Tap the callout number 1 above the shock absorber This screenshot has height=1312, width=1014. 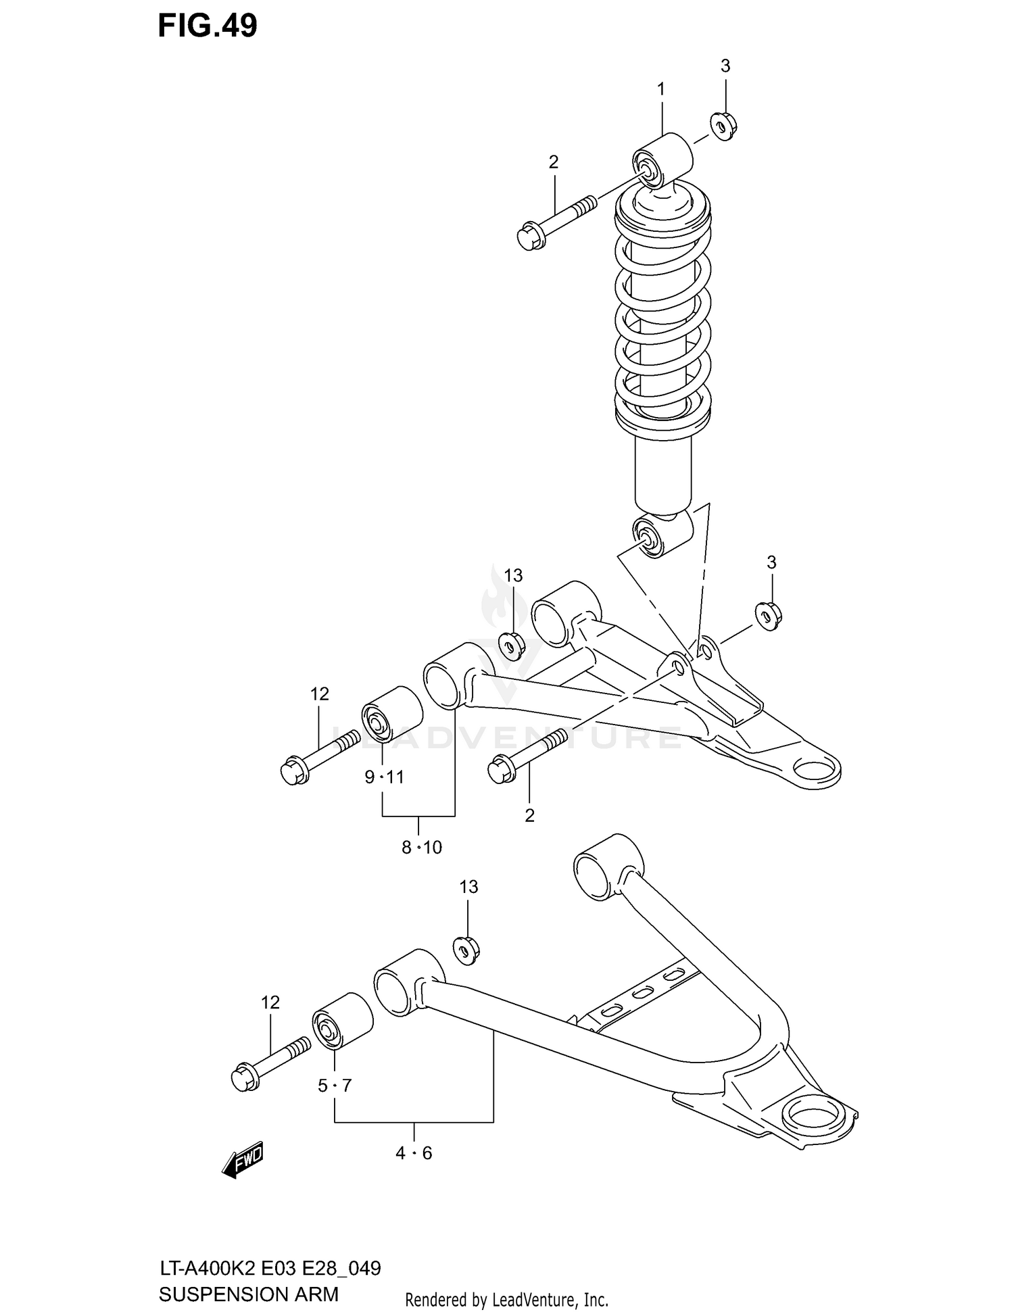(661, 89)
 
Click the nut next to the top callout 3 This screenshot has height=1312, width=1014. (723, 126)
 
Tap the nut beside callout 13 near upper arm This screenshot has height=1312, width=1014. (512, 646)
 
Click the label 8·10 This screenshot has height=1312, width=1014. (422, 847)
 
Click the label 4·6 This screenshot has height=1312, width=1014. (414, 1153)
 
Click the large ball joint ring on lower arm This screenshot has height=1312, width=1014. (812, 1112)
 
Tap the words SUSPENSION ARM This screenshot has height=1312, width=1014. (248, 1295)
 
